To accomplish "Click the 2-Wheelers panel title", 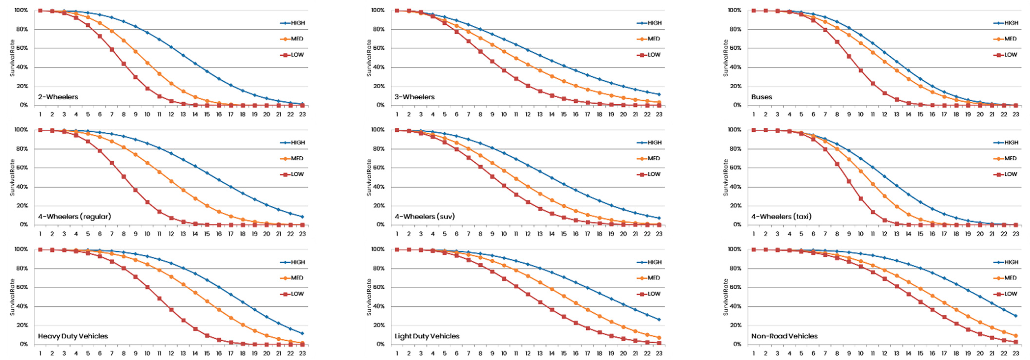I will (x=58, y=97).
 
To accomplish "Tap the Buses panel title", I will (x=761, y=97).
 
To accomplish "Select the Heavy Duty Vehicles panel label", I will (x=73, y=336).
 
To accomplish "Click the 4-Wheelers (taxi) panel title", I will (x=781, y=216).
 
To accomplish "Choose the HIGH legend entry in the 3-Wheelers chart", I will (x=654, y=23).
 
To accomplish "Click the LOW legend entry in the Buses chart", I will (x=1010, y=55).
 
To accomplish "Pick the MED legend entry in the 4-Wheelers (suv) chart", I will (x=653, y=158).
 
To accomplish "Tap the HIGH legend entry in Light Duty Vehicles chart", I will (x=654, y=262).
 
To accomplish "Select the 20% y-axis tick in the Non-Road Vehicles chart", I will (x=735, y=325).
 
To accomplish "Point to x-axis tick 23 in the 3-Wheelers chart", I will (x=659, y=114).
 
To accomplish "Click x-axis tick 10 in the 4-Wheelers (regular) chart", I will (x=147, y=234).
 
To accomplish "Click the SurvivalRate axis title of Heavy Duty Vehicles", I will (x=12, y=297).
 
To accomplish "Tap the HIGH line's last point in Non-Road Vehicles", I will (x=1016, y=316).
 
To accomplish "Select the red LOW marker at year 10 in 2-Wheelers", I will (x=147, y=88).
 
